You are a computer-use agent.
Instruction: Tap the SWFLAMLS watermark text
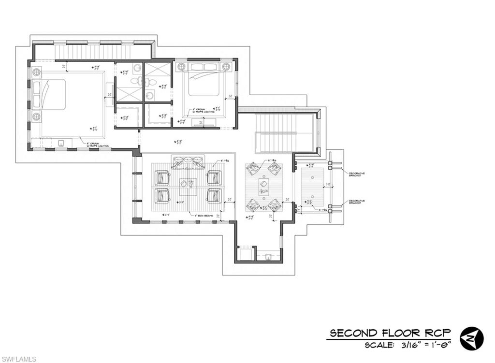click(x=18, y=359)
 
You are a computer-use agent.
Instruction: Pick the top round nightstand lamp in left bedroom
click(x=37, y=73)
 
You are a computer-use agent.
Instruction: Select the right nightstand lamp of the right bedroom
click(x=226, y=66)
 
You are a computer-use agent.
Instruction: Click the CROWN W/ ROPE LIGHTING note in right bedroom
click(x=202, y=111)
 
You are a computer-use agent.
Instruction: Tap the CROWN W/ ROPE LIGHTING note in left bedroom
click(x=97, y=144)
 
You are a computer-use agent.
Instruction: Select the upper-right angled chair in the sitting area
click(x=275, y=168)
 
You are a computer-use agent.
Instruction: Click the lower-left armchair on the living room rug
click(x=162, y=195)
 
